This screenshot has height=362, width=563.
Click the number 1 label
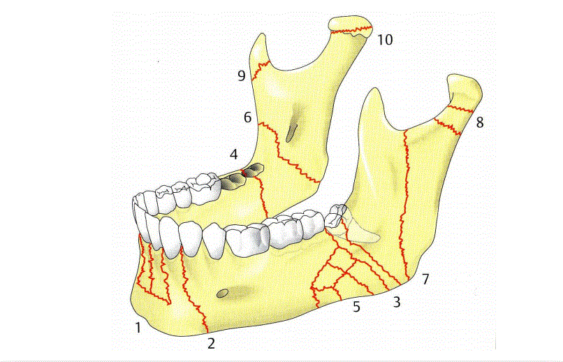point(139,326)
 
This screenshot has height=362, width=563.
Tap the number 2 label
point(211,342)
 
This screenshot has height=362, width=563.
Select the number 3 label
point(397,302)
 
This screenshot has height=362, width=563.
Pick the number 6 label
point(248,117)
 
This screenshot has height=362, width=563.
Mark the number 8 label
point(479,123)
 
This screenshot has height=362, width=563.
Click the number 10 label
point(385,39)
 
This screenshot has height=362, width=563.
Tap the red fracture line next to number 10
point(353,29)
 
